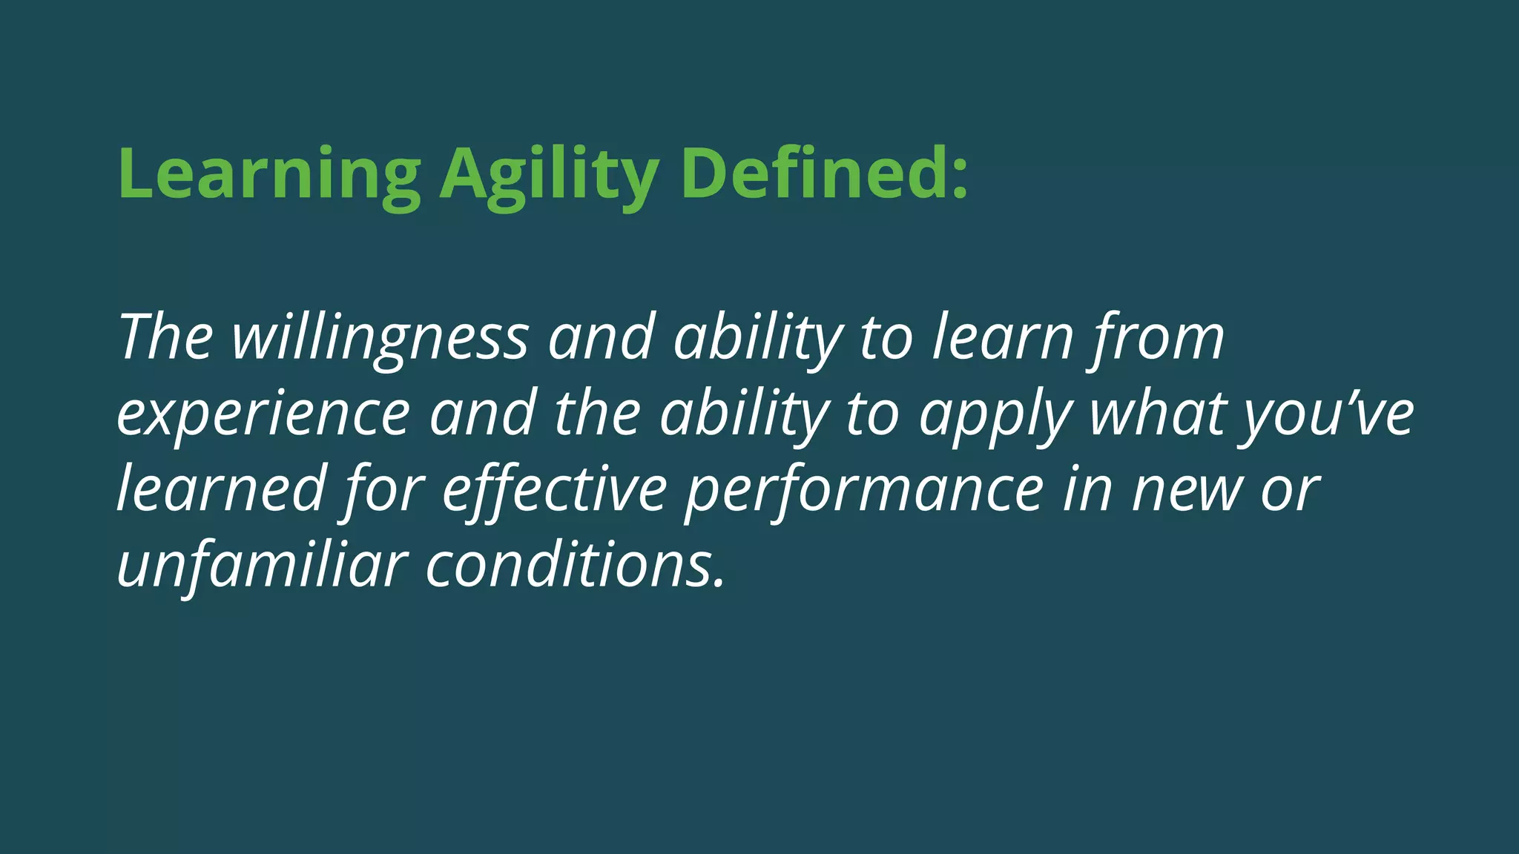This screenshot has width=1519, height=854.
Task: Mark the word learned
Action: [x=221, y=489]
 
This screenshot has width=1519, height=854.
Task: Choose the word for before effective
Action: [x=384, y=489]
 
